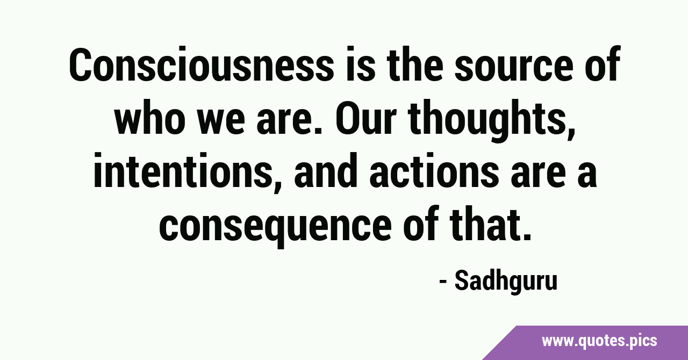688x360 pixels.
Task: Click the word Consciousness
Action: pyautogui.click(x=202, y=64)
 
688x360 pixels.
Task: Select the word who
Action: pyautogui.click(x=150, y=118)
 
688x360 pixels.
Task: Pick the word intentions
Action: pyautogui.click(x=181, y=170)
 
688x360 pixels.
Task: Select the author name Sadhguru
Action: pyautogui.click(x=506, y=282)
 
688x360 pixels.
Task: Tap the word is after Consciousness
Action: pyautogui.click(x=361, y=64)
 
